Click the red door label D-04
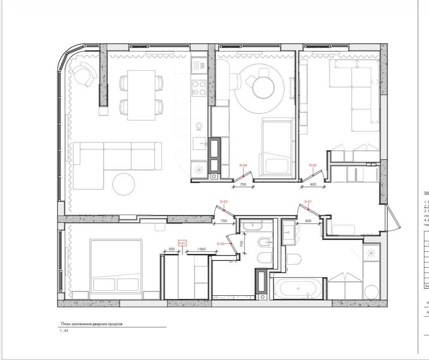point(243,165)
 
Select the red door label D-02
point(313,165)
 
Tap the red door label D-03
point(224,202)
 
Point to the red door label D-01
point(308,202)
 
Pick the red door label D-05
point(221,244)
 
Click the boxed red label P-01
point(182,243)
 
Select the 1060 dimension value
point(201,249)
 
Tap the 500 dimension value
point(172,249)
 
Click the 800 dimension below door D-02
point(313,185)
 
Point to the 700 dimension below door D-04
point(243,185)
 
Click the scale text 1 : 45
point(64,331)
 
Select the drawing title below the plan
point(91,324)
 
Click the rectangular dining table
point(141,95)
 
